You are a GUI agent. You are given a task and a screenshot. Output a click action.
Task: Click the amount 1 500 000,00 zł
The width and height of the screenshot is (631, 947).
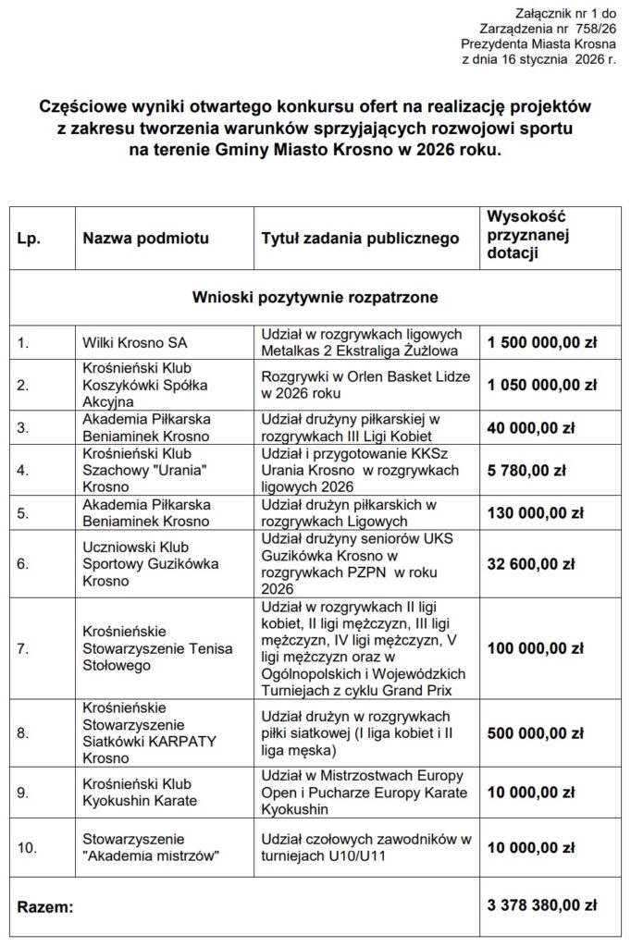[x=542, y=342]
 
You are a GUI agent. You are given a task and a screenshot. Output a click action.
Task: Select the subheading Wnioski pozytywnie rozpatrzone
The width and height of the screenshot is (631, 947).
[x=315, y=298]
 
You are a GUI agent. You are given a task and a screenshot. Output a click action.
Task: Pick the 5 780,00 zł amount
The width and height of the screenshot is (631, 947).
[x=526, y=470]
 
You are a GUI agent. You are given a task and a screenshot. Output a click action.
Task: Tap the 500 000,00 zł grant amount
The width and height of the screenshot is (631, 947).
[x=535, y=733]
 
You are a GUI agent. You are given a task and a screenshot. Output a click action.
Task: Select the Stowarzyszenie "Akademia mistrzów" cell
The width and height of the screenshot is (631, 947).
[x=151, y=848]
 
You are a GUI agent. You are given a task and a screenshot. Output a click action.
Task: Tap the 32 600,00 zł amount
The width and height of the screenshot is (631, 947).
[x=530, y=561]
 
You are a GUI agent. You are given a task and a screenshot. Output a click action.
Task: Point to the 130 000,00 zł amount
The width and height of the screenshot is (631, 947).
[x=535, y=512]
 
